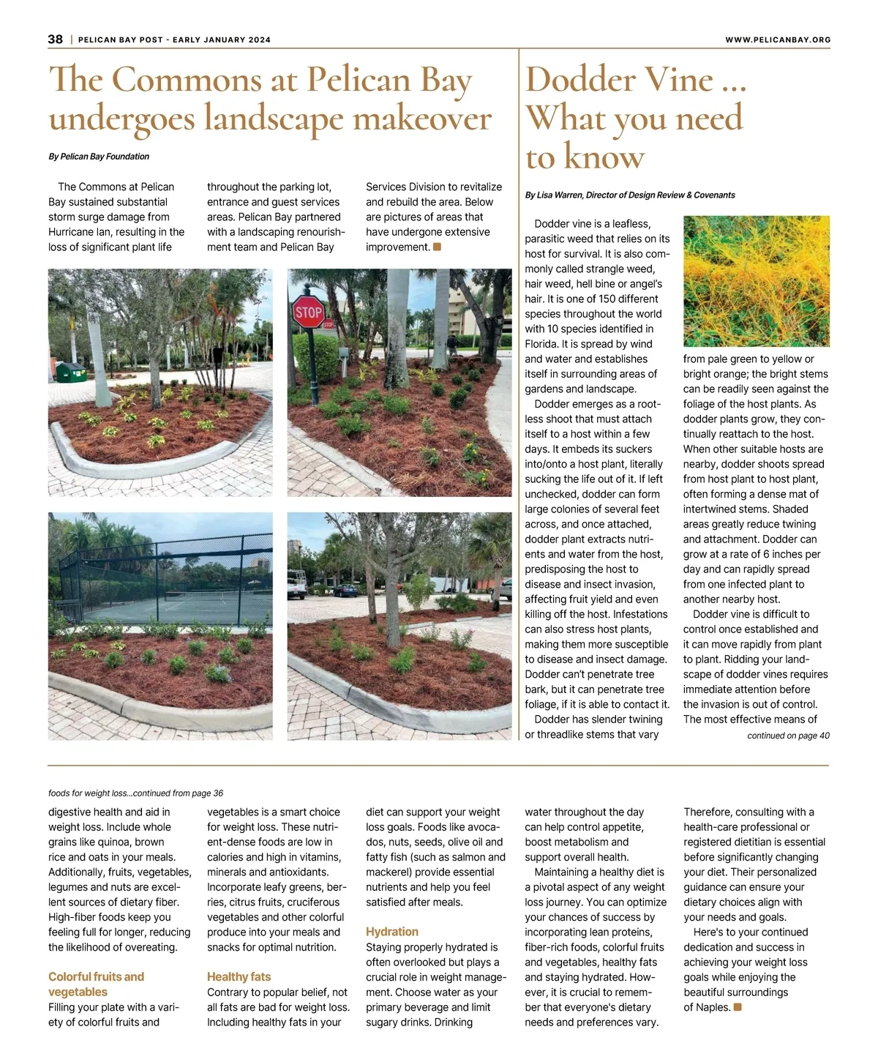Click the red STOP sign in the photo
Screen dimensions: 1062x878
[x=308, y=313]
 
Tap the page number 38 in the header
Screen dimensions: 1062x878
[x=56, y=40]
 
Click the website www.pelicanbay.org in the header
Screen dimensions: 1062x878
[x=778, y=40]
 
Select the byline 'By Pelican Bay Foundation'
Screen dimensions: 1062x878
[x=99, y=157]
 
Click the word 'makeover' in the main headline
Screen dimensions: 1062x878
[x=422, y=119]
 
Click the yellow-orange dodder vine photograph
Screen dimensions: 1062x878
[x=756, y=281]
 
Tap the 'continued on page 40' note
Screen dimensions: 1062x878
[x=788, y=736]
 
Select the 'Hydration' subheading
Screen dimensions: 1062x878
[x=392, y=932]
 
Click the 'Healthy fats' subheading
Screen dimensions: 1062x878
[x=239, y=976]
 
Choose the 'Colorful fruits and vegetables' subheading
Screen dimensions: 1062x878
[x=96, y=984]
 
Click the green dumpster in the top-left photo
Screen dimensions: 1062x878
[x=71, y=372]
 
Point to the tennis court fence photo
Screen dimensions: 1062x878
[x=160, y=626]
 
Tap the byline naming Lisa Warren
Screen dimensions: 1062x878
[x=630, y=195]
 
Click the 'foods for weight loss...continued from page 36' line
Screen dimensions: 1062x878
[x=135, y=793]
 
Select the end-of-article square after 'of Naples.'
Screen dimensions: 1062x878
[x=738, y=1007]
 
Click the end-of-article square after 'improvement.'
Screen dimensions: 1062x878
[x=438, y=247]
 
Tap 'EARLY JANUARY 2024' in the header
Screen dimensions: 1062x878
[x=222, y=40]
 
